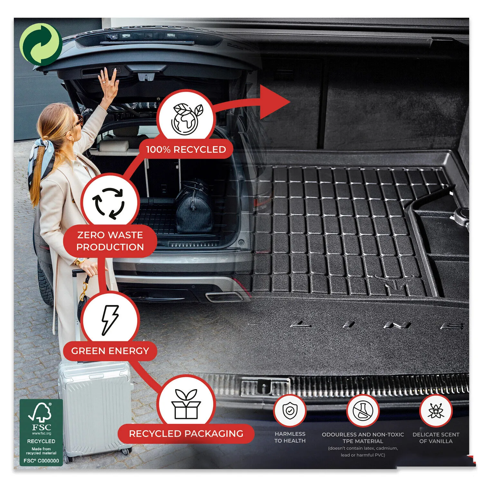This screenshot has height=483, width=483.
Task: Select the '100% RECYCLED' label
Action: pyautogui.click(x=186, y=149)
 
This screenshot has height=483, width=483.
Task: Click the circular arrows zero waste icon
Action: pyautogui.click(x=109, y=203)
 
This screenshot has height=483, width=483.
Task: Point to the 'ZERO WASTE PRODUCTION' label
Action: pyautogui.click(x=110, y=241)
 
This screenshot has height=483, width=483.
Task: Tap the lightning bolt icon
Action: pyautogui.click(x=110, y=320)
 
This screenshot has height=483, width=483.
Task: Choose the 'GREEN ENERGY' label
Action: pyautogui.click(x=110, y=351)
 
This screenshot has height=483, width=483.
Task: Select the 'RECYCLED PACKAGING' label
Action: pyautogui.click(x=186, y=433)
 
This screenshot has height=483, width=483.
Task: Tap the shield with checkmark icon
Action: pyautogui.click(x=290, y=411)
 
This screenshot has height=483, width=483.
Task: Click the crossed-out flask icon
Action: pyautogui.click(x=363, y=411)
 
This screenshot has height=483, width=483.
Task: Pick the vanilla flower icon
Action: pyautogui.click(x=436, y=411)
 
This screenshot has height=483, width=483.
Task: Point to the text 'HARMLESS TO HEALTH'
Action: pyautogui.click(x=290, y=437)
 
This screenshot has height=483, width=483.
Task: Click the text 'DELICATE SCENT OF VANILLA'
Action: pyautogui.click(x=436, y=438)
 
